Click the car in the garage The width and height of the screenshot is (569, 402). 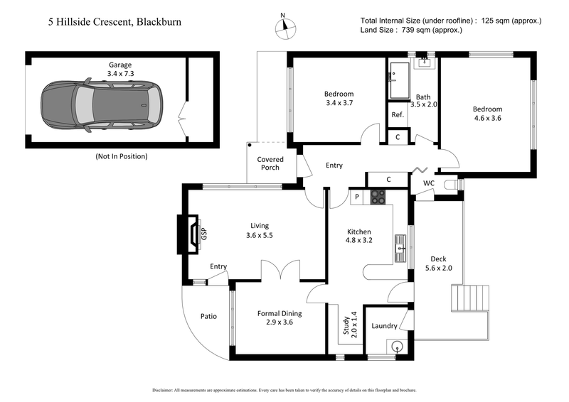[x=100, y=104]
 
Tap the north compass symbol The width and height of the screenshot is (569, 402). [x=284, y=26]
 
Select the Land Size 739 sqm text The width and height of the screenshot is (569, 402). [x=412, y=30]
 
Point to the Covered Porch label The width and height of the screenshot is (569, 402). [x=270, y=163]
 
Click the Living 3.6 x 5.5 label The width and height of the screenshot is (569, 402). [x=259, y=230]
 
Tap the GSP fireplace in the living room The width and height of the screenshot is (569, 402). [x=194, y=234]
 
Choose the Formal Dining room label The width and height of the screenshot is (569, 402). [x=279, y=317]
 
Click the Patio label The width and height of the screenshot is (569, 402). [x=208, y=316]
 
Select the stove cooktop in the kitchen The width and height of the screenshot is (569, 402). [x=377, y=198]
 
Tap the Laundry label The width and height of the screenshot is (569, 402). [x=384, y=326]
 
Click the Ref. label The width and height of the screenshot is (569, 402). [x=398, y=114]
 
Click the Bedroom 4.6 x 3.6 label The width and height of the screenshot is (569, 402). [x=487, y=114]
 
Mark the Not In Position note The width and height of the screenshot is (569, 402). [x=121, y=156]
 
